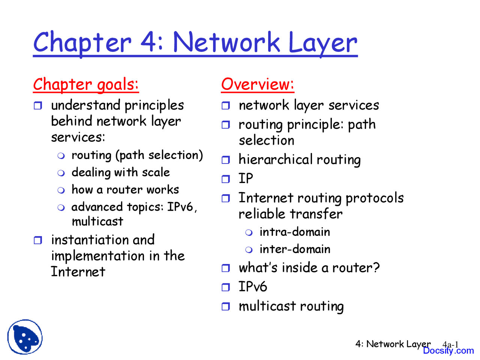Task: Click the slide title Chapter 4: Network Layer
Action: pyautogui.click(x=195, y=42)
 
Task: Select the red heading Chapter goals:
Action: pyautogui.click(x=86, y=84)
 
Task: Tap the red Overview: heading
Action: pyautogui.click(x=257, y=84)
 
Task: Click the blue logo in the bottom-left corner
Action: pyautogui.click(x=25, y=337)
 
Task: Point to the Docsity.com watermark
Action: pyautogui.click(x=448, y=351)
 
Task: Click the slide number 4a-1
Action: pyautogui.click(x=450, y=344)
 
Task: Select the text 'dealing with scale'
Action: pyautogui.click(x=120, y=172)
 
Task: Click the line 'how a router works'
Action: pyautogui.click(x=125, y=189)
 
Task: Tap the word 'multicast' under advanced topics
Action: pyautogui.click(x=97, y=221)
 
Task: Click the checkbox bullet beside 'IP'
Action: pyautogui.click(x=226, y=179)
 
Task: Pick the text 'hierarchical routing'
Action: pyautogui.click(x=299, y=160)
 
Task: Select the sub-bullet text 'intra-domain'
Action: pyautogui.click(x=294, y=232)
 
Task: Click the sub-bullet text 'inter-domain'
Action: pyautogui.click(x=295, y=249)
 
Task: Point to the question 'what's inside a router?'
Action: pyautogui.click(x=309, y=268)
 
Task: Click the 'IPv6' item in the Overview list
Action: pyautogui.click(x=253, y=287)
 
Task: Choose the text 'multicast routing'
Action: pyautogui.click(x=291, y=306)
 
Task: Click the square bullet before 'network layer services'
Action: pyautogui.click(x=226, y=106)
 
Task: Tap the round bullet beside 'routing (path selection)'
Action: pyautogui.click(x=61, y=156)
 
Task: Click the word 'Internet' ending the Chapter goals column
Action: pyautogui.click(x=78, y=271)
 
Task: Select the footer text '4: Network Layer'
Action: pyautogui.click(x=393, y=344)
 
